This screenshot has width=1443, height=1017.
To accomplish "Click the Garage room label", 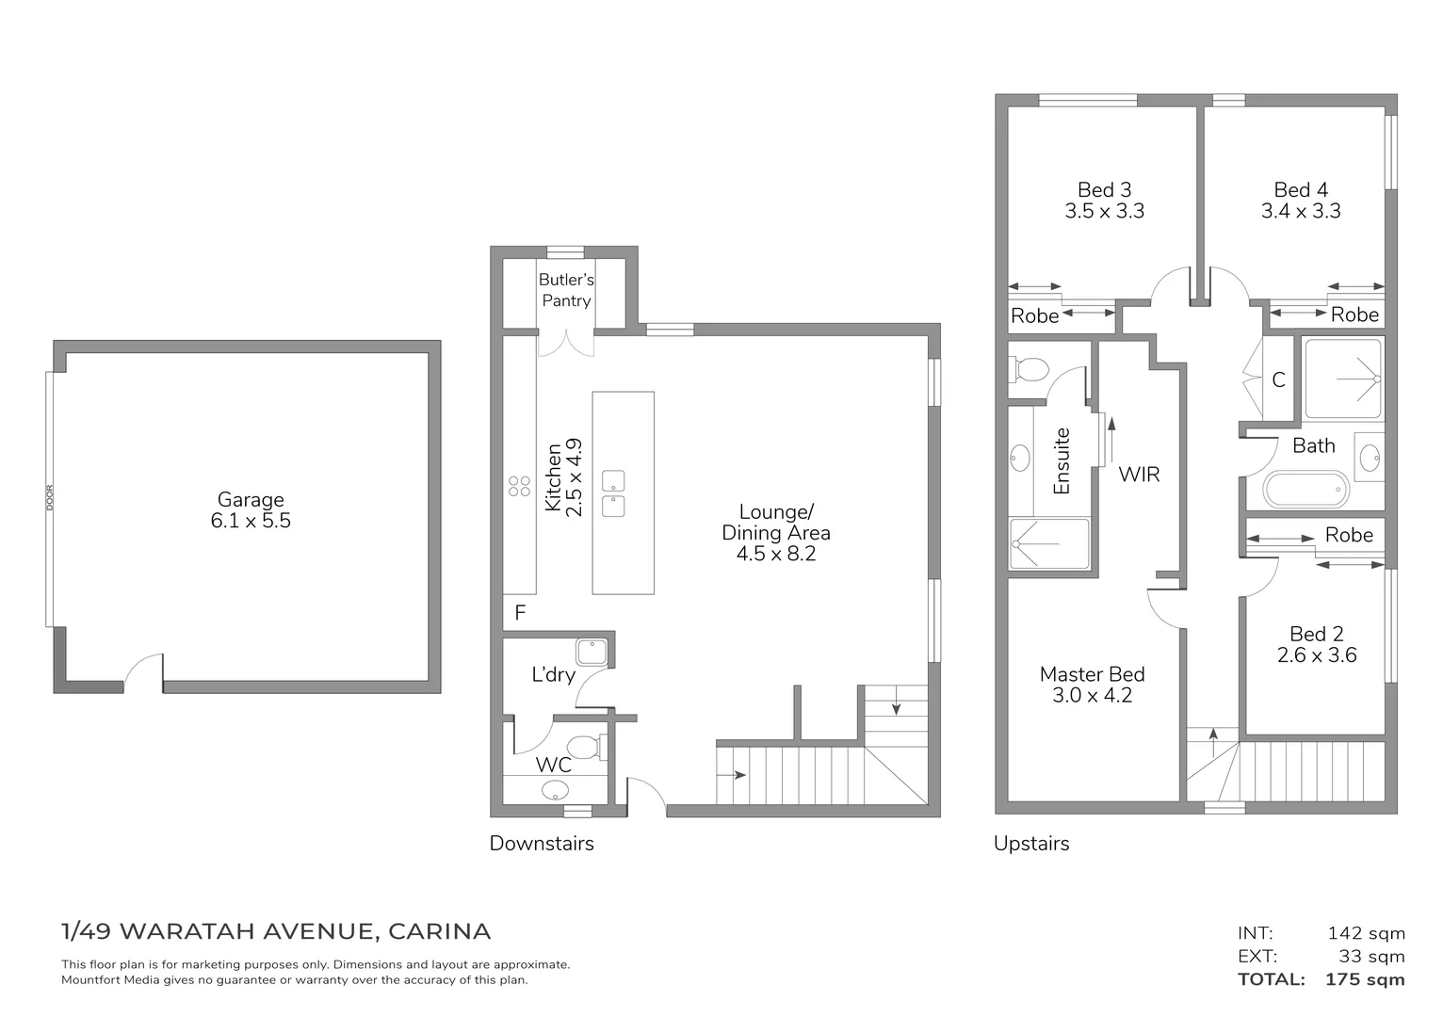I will (x=251, y=500).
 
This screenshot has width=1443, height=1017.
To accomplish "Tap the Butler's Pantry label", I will (x=566, y=290).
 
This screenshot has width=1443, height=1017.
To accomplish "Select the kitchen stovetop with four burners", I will (x=520, y=486).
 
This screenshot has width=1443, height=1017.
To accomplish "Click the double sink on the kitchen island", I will (x=613, y=493).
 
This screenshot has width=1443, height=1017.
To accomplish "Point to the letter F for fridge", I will (x=520, y=614).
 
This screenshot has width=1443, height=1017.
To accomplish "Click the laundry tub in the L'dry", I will (x=592, y=652).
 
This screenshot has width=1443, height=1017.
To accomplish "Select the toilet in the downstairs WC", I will (x=589, y=747).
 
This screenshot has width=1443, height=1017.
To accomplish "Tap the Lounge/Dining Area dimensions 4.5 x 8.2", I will (x=776, y=554).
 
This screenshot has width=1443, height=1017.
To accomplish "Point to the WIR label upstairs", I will (x=1139, y=474).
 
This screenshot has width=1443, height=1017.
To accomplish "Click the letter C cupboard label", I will (x=1278, y=380).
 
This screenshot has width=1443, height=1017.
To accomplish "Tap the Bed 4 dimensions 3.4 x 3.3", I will (x=1301, y=211).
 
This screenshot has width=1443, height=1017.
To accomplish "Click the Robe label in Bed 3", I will (x=1034, y=316).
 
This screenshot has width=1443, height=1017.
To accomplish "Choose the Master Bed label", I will (x=1092, y=674).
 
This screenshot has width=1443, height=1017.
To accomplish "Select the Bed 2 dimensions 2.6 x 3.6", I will (x=1317, y=655).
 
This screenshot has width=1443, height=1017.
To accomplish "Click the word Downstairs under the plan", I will (x=542, y=843).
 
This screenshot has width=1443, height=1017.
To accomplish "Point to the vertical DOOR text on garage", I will (x=50, y=498).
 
